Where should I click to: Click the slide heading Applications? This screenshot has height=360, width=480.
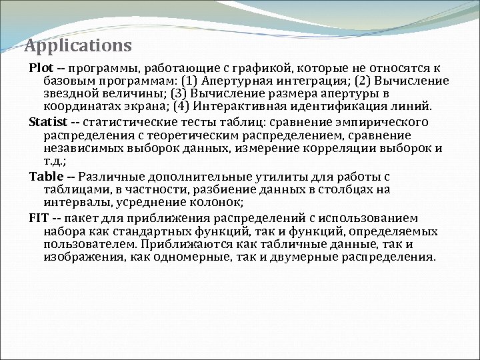[x=77, y=46]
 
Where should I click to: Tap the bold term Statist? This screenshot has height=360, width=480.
[x=48, y=123]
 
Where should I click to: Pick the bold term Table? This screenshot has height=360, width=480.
[x=45, y=177]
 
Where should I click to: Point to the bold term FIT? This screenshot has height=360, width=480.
[x=39, y=218]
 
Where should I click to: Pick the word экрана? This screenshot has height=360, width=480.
[x=142, y=106]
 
